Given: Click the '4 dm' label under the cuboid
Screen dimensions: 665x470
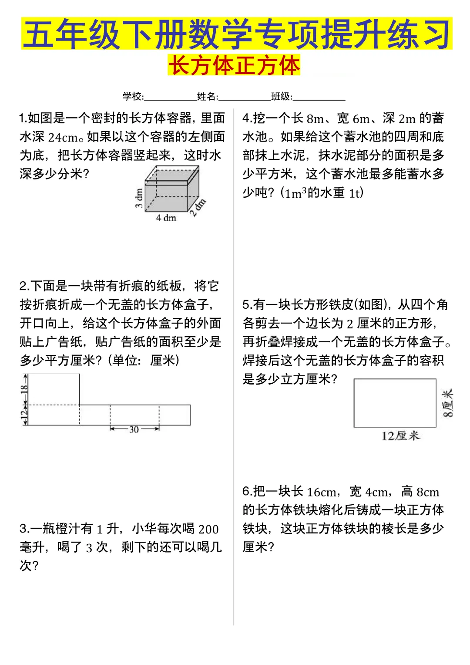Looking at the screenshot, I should [x=166, y=218].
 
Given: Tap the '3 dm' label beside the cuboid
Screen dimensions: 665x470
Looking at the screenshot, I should [x=139, y=199].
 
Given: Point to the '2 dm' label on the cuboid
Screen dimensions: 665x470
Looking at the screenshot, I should [x=198, y=207].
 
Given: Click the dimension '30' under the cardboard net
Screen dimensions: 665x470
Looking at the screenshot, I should [x=134, y=429].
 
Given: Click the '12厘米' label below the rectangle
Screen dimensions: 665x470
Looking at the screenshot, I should [x=400, y=435].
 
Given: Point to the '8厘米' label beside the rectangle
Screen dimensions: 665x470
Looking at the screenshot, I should [x=448, y=403].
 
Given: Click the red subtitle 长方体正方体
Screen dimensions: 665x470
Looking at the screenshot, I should [x=234, y=66].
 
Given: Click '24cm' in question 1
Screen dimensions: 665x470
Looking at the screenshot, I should [x=63, y=137].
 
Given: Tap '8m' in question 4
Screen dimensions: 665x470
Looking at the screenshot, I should [x=316, y=118].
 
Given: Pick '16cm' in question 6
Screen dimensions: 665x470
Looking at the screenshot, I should [x=322, y=492].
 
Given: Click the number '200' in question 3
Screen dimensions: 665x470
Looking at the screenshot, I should [x=208, y=529].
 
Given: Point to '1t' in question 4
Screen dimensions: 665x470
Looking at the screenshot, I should [x=355, y=193].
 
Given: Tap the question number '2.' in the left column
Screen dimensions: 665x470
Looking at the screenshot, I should [x=24, y=286].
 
